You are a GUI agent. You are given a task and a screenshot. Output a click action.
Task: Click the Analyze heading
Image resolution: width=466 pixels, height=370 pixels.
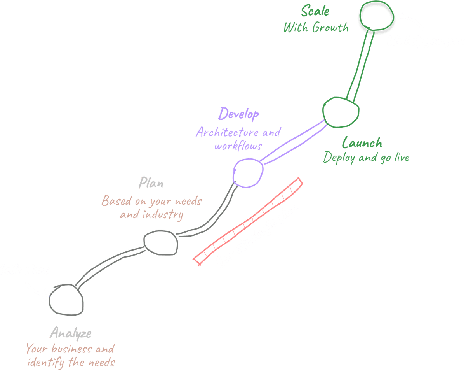tap(70, 333)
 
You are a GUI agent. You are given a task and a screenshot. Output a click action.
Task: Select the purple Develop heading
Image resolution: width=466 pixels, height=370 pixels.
tap(238, 115)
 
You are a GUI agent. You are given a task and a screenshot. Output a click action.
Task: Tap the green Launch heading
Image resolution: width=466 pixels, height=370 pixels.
tap(362, 143)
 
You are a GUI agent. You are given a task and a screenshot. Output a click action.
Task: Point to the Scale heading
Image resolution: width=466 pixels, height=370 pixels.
tap(315, 11)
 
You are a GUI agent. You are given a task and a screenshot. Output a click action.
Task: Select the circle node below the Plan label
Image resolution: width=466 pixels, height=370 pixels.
tap(161, 243)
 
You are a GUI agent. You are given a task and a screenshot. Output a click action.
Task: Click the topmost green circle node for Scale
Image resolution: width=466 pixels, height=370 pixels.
tap(376, 18)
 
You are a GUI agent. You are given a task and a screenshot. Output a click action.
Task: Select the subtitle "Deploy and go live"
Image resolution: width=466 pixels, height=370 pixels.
tap(366, 157)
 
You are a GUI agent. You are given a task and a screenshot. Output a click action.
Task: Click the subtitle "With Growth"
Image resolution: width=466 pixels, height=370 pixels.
tap(316, 28)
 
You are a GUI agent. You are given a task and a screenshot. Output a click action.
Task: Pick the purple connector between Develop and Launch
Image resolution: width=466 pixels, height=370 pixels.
tap(293, 142)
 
